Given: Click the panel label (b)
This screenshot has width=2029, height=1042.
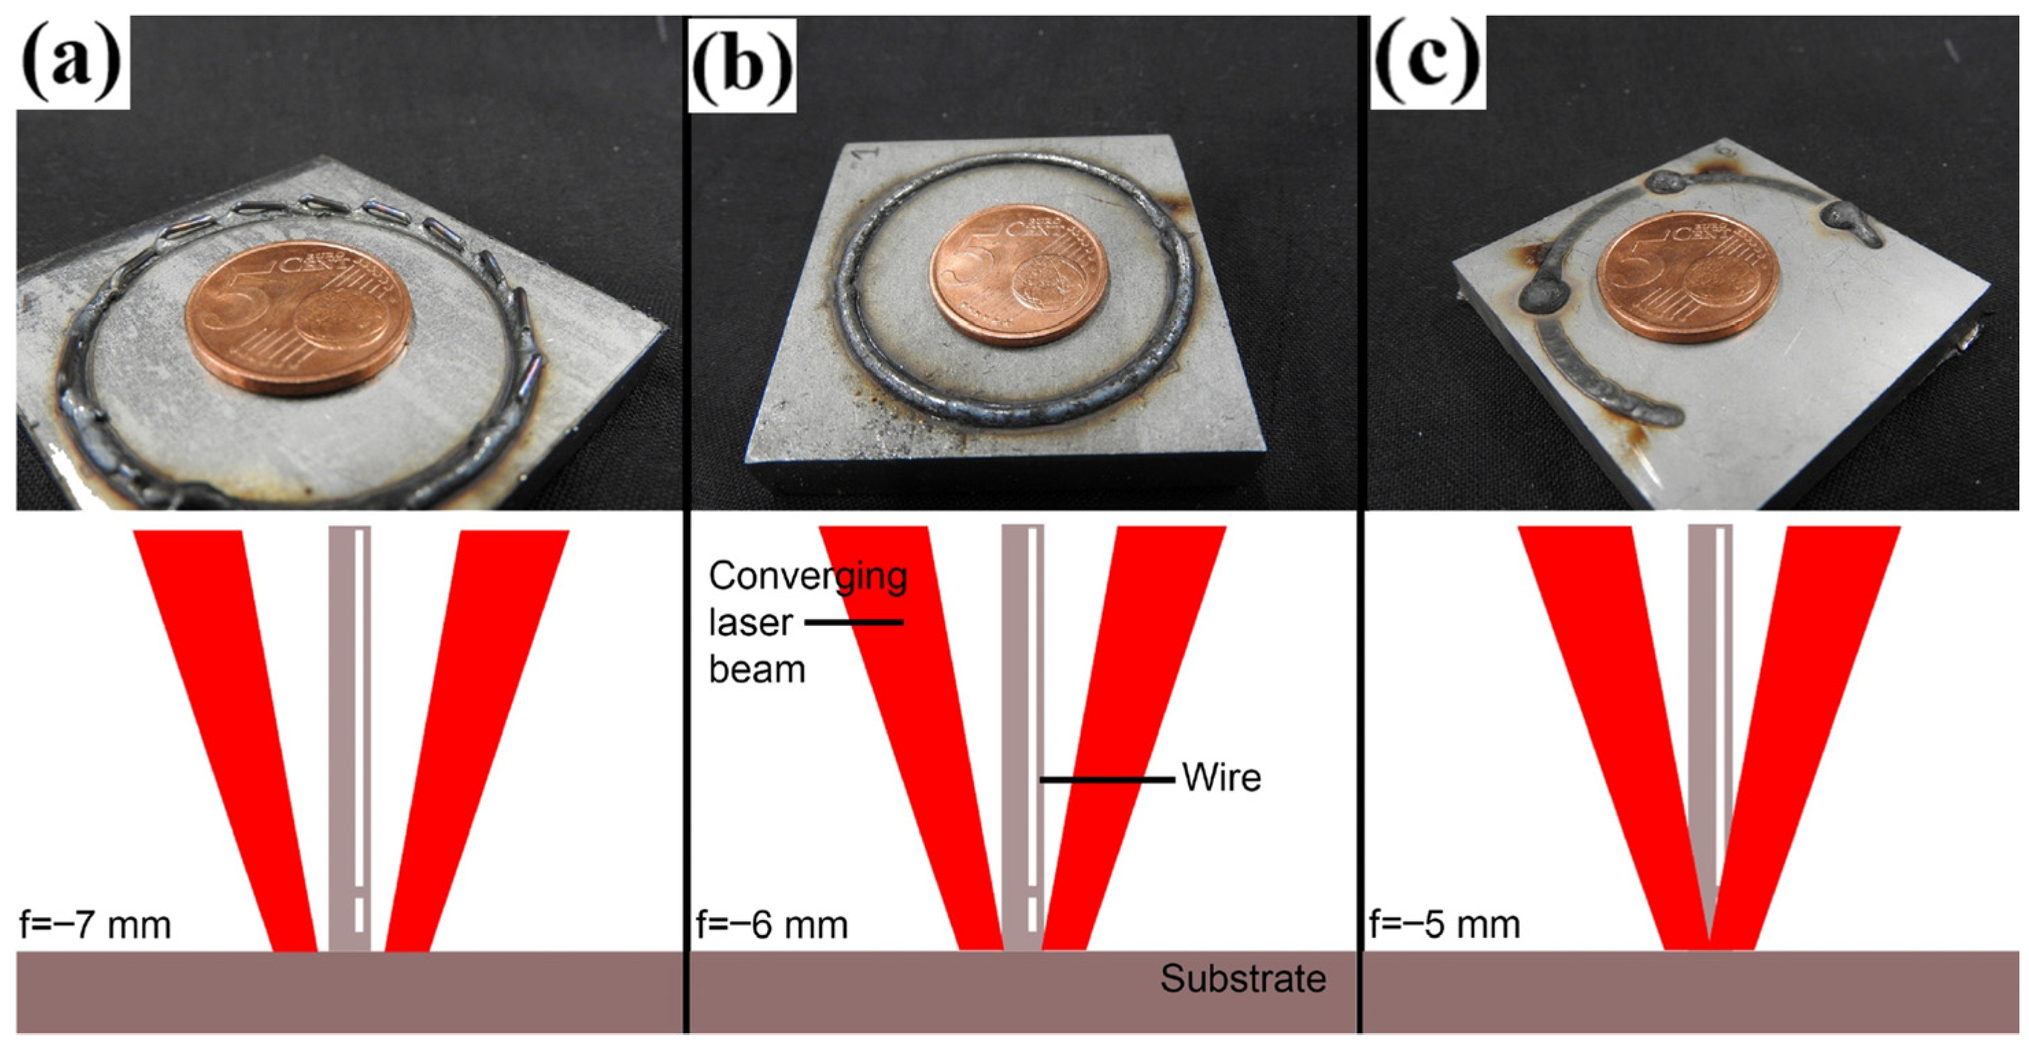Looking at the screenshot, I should click(742, 66).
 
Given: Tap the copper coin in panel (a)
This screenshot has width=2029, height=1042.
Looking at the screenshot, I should click(297, 317).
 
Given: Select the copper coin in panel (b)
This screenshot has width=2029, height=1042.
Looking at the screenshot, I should click(1019, 275).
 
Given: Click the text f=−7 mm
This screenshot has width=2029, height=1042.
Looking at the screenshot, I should click(95, 925).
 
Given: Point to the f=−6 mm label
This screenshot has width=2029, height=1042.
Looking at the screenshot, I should click(772, 925).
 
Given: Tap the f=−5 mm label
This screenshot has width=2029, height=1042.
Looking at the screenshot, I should click(1444, 925).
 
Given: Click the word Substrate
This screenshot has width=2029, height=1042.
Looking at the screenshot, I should click(1243, 979).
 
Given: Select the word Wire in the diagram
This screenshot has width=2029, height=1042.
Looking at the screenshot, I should click(1222, 778).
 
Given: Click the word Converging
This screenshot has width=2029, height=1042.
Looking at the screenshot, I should click(807, 577).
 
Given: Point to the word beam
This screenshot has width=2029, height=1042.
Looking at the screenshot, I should click(757, 670).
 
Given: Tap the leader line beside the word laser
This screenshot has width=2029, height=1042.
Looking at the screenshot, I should click(854, 623).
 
